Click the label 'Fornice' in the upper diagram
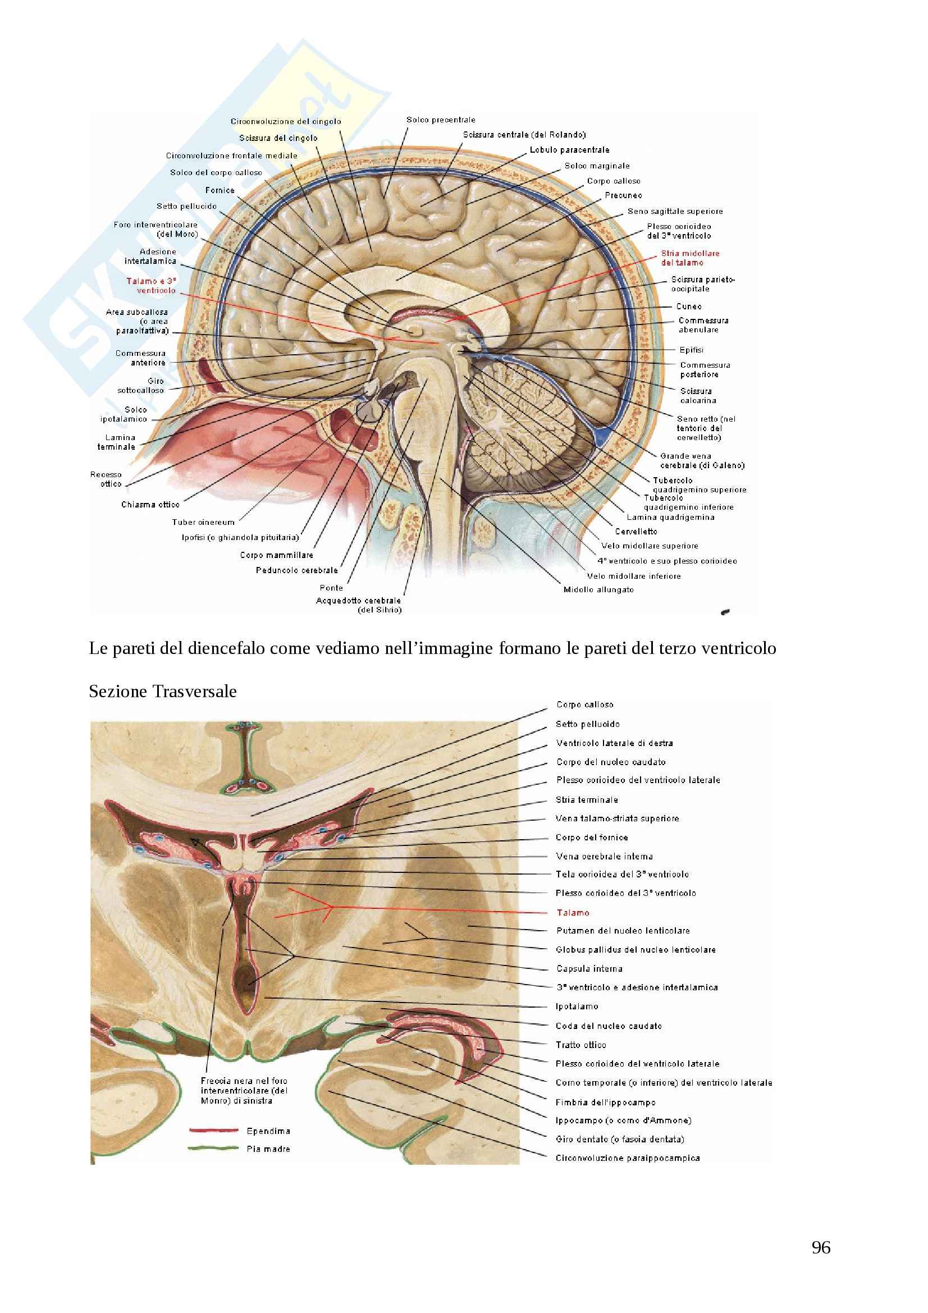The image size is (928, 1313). tap(220, 190)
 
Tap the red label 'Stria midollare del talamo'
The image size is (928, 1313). tap(690, 258)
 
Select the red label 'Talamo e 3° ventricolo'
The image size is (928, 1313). tap(151, 285)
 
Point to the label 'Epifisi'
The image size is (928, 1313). tap(691, 350)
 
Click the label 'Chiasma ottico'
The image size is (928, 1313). tap(150, 505)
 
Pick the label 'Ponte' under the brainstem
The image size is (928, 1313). tap(332, 588)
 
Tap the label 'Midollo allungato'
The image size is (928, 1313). tap(598, 589)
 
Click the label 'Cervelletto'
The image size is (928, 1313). tap(636, 531)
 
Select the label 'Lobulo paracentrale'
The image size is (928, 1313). tap(569, 150)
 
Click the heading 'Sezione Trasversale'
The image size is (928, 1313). tap(163, 692)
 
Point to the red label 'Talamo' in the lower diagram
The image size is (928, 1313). tap(573, 913)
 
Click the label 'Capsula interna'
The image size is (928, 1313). tap(589, 968)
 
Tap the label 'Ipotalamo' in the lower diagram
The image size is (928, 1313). tap(577, 1006)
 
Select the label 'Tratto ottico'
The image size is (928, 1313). tap(581, 1045)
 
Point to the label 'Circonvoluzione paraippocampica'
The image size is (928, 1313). tap(628, 1158)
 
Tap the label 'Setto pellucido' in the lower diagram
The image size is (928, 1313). tap(588, 724)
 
